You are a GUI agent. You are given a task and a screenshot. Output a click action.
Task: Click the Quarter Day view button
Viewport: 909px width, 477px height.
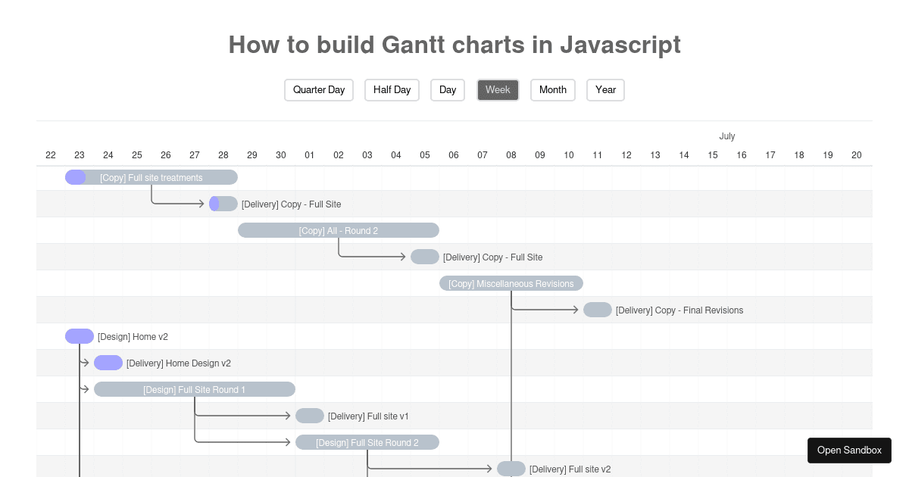click(x=319, y=90)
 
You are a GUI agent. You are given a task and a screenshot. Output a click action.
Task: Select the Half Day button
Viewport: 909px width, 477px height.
click(x=392, y=90)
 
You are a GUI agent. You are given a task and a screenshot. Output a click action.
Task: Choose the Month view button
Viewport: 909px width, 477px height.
click(x=553, y=90)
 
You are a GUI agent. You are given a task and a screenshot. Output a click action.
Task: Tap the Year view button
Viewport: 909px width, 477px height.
click(x=605, y=90)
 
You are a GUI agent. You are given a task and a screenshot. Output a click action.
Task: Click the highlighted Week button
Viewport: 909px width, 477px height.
click(x=498, y=90)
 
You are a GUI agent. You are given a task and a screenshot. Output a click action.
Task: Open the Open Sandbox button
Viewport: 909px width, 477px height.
click(x=849, y=450)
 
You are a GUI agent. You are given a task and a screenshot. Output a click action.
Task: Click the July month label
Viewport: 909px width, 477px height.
click(x=727, y=136)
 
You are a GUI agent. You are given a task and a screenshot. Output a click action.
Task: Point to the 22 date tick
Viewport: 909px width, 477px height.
click(x=51, y=155)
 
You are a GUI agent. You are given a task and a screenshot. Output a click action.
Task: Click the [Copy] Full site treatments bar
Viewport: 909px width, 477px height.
click(x=151, y=178)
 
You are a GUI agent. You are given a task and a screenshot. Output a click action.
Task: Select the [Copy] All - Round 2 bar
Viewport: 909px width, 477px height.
click(x=339, y=230)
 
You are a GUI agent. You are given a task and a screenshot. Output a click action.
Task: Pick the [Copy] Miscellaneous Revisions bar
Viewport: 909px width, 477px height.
click(x=511, y=283)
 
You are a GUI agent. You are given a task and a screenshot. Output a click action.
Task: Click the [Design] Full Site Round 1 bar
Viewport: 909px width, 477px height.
click(x=195, y=389)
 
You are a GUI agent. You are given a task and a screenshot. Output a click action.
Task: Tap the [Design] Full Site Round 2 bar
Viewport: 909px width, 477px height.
click(x=367, y=442)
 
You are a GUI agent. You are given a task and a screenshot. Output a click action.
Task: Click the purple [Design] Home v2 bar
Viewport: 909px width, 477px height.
click(x=80, y=336)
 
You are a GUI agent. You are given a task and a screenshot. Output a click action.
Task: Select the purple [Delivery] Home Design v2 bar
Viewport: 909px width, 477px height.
click(x=108, y=363)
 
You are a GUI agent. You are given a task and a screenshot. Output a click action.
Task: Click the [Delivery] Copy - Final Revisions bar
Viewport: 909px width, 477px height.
click(x=598, y=310)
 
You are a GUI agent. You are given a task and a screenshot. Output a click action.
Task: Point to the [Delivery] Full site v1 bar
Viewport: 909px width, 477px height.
click(x=310, y=416)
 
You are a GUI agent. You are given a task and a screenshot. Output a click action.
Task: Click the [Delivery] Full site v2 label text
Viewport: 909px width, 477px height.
click(x=570, y=469)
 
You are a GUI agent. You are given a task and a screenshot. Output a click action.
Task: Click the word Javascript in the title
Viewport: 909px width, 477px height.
click(x=620, y=45)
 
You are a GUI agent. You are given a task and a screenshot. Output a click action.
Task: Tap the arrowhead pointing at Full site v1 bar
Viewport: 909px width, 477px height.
click(x=289, y=416)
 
